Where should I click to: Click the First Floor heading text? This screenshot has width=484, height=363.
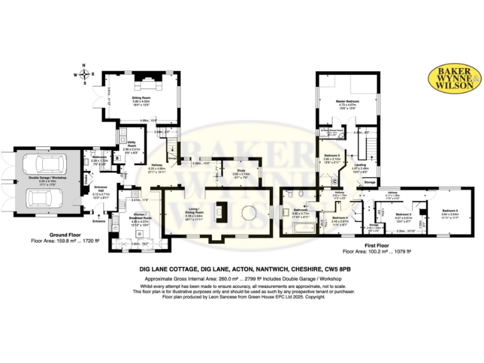click(376, 245)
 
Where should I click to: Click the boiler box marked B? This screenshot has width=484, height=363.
click(117, 159)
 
